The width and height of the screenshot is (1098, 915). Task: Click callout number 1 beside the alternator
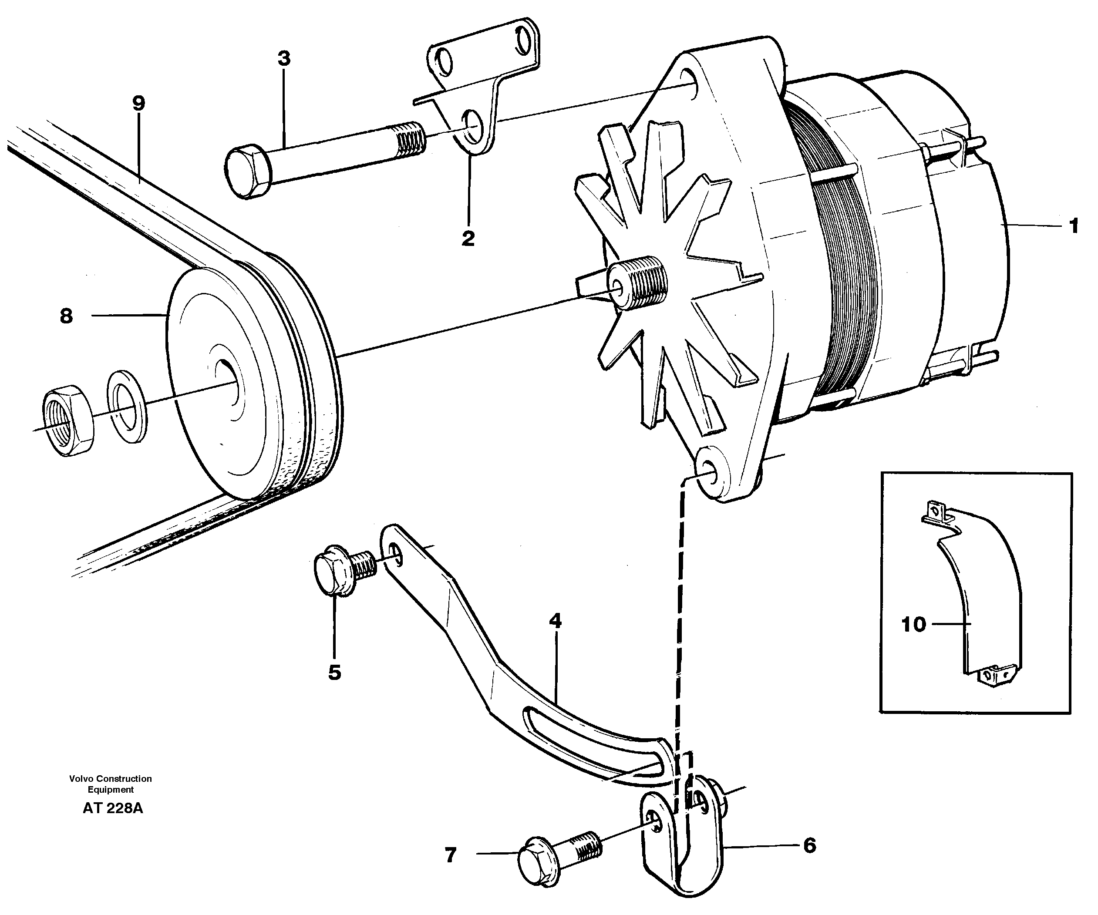[x=1073, y=226]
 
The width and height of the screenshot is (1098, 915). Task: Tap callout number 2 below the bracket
[x=468, y=239]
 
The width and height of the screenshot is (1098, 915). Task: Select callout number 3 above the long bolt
[x=284, y=59]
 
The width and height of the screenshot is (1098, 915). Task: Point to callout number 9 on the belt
[x=138, y=103]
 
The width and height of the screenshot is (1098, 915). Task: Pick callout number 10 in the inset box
[x=913, y=624]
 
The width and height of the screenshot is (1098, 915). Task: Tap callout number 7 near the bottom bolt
[x=450, y=855]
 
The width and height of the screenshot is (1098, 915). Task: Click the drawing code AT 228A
[x=112, y=808]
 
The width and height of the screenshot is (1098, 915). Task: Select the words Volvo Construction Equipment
[x=110, y=784]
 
